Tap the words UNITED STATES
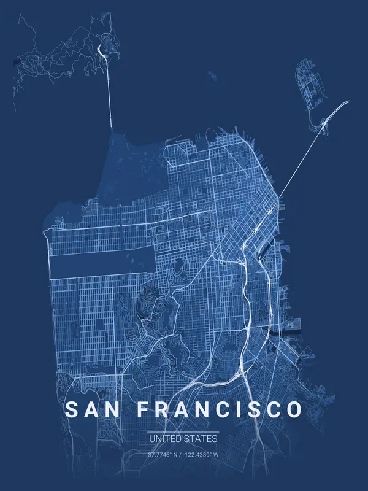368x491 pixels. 183,439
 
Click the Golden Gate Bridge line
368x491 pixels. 110,92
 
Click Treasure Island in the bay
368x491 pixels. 306,80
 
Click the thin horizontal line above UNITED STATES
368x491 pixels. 183,432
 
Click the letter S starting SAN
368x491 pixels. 71,409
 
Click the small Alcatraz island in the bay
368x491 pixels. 212,75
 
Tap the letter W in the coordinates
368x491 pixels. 217,455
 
